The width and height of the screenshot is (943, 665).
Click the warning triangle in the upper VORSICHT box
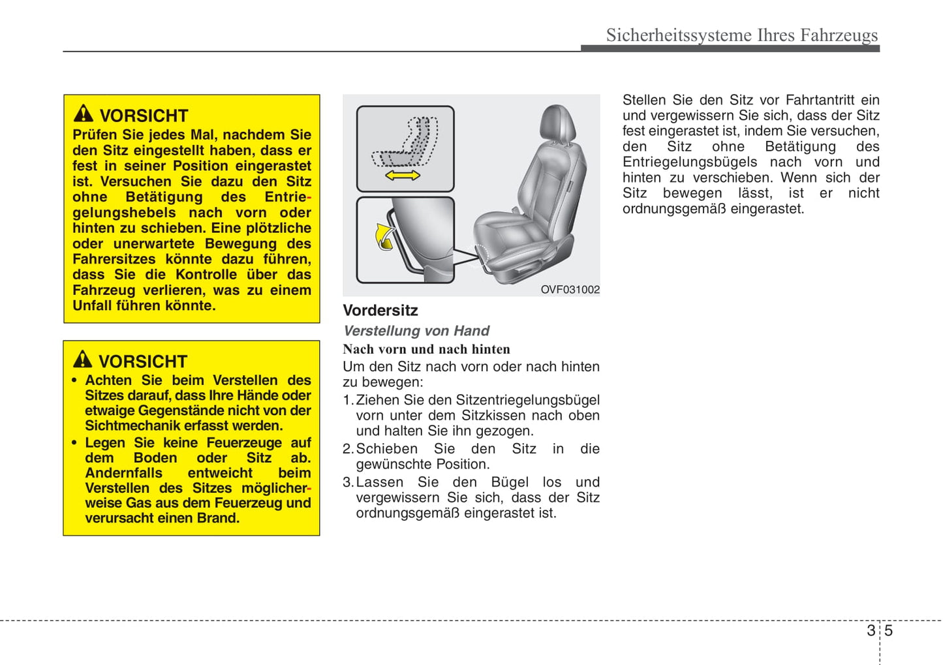pyautogui.click(x=84, y=114)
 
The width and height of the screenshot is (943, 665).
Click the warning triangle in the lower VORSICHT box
pyautogui.click(x=82, y=359)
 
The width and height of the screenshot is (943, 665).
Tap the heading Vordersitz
pyautogui.click(x=380, y=311)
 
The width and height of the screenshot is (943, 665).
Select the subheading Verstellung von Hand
pyautogui.click(x=416, y=331)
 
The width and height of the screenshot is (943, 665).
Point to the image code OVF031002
pyautogui.click(x=570, y=290)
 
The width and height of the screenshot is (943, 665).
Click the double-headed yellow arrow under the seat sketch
pyautogui.click(x=403, y=176)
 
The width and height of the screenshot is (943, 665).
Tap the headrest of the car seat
pyautogui.click(x=558, y=124)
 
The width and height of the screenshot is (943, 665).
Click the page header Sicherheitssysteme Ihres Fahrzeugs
pyautogui.click(x=741, y=35)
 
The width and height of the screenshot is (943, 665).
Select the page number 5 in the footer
pyautogui.click(x=888, y=630)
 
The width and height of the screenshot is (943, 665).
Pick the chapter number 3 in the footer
pyautogui.click(x=871, y=630)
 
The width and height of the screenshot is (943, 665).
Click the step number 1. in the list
pyautogui.click(x=348, y=400)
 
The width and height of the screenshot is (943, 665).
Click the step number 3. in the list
pyautogui.click(x=348, y=482)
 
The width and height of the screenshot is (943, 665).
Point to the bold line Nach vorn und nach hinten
pyautogui.click(x=426, y=349)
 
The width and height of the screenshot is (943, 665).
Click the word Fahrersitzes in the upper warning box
pyautogui.click(x=114, y=259)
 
